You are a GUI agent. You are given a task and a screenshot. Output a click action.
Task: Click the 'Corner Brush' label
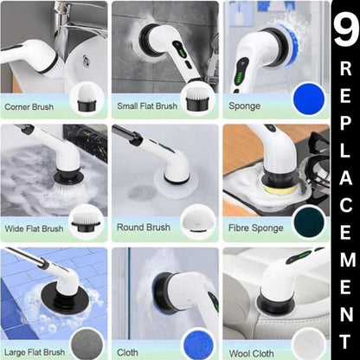[29, 107]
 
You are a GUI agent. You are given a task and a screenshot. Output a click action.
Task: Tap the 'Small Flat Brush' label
[145, 107]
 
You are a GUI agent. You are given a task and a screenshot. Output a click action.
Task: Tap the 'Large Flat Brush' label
[35, 352]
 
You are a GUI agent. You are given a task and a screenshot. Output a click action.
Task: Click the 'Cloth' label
[127, 352]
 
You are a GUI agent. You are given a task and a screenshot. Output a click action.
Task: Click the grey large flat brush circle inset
[86, 342]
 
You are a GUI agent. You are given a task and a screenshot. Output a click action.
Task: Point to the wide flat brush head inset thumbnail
[86, 220]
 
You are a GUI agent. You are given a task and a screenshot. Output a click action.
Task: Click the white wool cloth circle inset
[309, 343]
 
